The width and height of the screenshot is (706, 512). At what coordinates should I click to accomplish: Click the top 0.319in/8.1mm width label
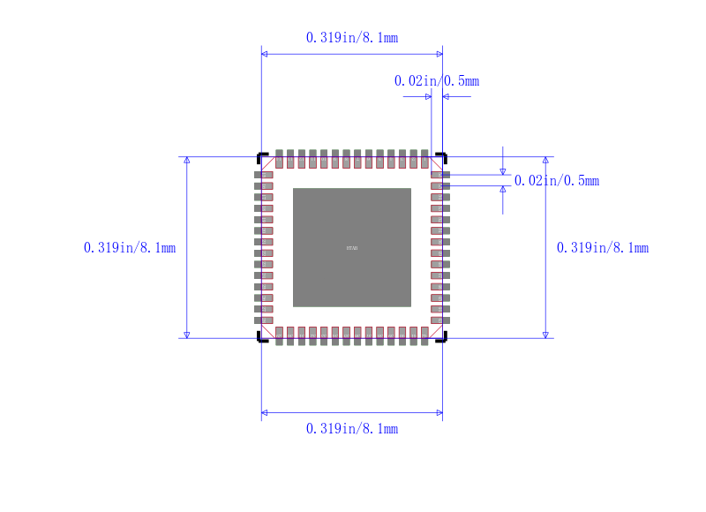351,37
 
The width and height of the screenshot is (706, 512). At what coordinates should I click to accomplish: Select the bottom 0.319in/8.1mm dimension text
351,429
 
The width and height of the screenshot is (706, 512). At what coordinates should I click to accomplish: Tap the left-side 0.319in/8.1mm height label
130,248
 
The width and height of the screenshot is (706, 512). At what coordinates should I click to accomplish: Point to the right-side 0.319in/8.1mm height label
603,248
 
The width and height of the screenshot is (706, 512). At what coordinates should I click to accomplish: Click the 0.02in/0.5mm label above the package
436,81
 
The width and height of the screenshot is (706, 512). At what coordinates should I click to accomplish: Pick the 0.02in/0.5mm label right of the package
557,181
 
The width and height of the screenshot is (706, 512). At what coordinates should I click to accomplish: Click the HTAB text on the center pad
352,248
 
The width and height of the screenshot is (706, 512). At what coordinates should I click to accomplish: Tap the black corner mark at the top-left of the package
261,157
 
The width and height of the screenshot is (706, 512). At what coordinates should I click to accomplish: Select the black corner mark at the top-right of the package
442,157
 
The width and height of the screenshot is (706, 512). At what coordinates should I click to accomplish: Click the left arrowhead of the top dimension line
265,54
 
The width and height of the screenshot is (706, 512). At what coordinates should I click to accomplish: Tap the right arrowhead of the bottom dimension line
439,412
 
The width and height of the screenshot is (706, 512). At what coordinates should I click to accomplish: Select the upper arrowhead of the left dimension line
186,161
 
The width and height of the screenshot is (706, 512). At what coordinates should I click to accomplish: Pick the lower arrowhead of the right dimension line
545,335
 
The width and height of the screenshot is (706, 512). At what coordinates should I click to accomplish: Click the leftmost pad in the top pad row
279,159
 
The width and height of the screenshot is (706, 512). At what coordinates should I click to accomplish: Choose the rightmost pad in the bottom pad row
424,335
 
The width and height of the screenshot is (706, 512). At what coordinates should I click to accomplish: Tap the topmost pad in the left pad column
264,176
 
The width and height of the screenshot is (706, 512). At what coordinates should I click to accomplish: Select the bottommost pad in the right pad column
440,320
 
